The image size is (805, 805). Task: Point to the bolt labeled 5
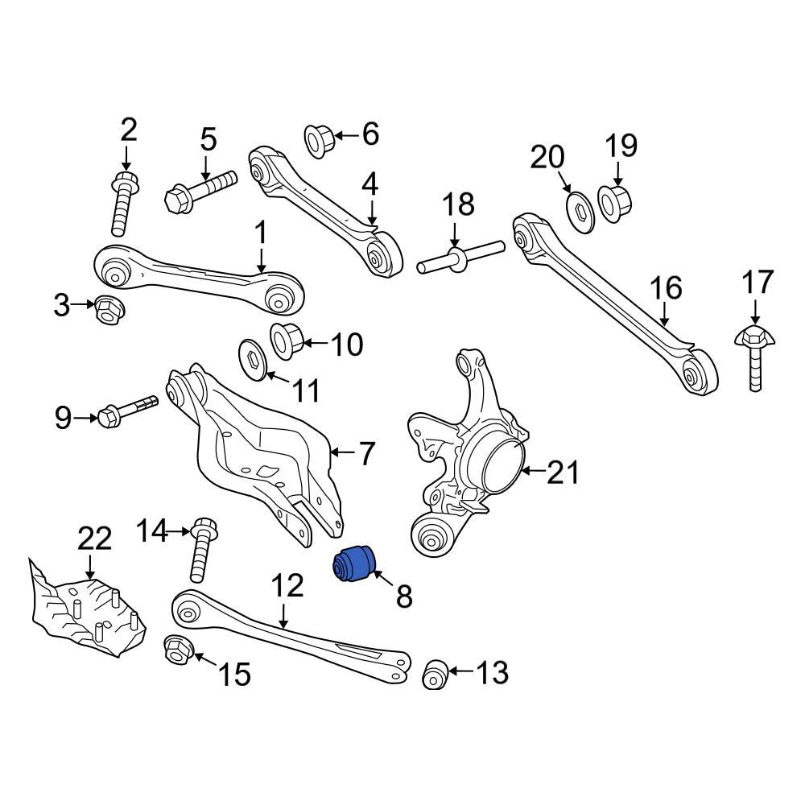pos(200,188)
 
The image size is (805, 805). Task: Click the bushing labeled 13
pos(436,673)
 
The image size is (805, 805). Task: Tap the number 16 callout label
pos(666,288)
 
